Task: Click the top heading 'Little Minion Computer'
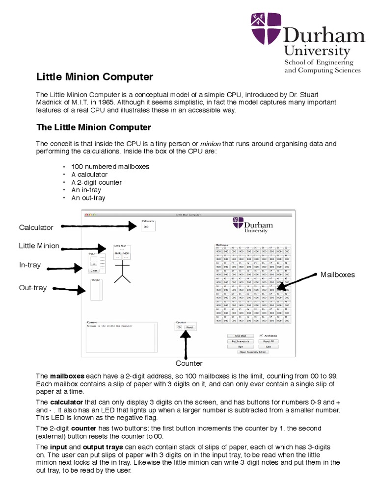pos(95,77)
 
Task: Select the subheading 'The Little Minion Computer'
pos(94,127)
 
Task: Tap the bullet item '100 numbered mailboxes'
pos(110,167)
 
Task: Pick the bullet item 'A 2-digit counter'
pos(96,182)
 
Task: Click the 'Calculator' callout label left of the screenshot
pos(36,227)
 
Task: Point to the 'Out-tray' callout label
pos(33,288)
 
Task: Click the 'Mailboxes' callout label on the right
pos(337,275)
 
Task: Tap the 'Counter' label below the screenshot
pos(189,363)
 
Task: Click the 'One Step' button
pos(241,336)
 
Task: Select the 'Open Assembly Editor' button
pos(253,352)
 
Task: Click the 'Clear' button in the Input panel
pos(94,271)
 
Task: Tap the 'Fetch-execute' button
pos(241,341)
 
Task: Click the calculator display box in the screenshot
pos(147,227)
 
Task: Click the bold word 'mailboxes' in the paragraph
pos(64,376)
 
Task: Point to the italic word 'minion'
pos(210,144)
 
